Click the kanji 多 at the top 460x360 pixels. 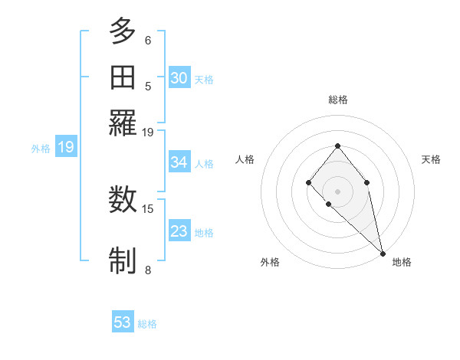123,32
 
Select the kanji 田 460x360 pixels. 123,77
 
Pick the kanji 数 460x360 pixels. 123,201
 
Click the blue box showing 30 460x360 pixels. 179,77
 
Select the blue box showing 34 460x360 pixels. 179,162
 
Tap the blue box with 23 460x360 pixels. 179,231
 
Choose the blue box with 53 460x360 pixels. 123,322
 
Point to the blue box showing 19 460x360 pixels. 66,147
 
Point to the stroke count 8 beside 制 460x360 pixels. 148,269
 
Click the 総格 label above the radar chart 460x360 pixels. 337,100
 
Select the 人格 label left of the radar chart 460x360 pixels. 245,159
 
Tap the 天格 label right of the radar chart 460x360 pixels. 431,159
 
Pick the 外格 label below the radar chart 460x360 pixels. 270,262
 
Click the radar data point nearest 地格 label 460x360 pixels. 383,253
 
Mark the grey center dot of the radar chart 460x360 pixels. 337,191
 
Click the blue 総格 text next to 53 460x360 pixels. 147,324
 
